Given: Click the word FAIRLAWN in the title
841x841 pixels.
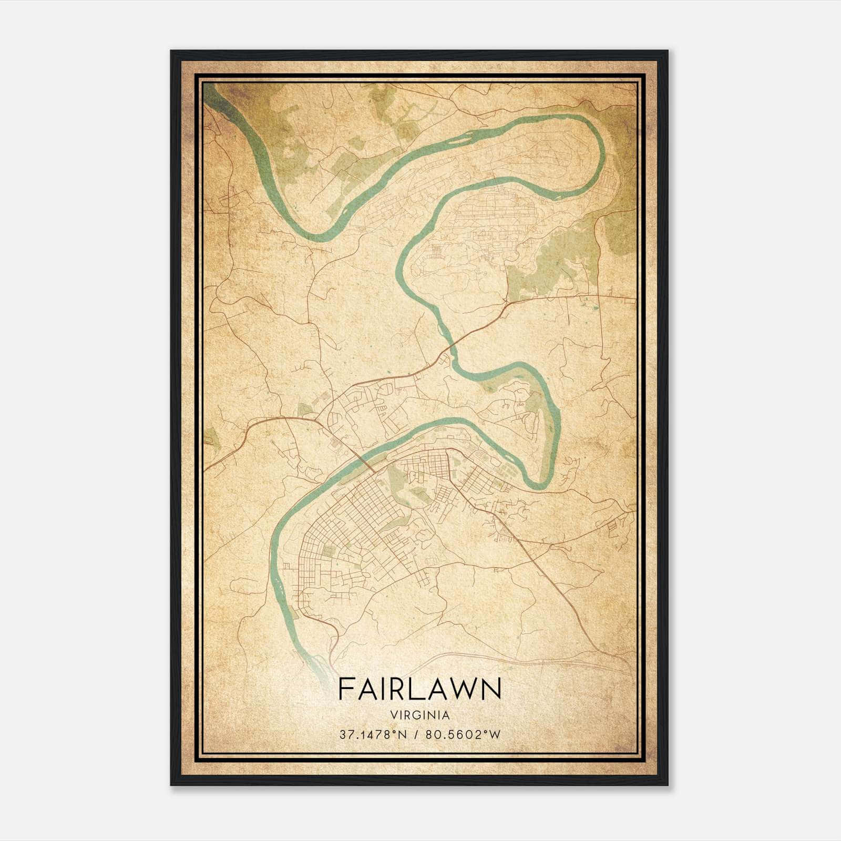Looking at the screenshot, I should coord(419,689).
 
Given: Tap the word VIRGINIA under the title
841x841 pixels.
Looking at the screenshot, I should coord(420,715).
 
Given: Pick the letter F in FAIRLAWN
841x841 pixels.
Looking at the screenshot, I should coord(345,689).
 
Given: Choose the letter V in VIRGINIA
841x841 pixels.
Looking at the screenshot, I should coord(393,715).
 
